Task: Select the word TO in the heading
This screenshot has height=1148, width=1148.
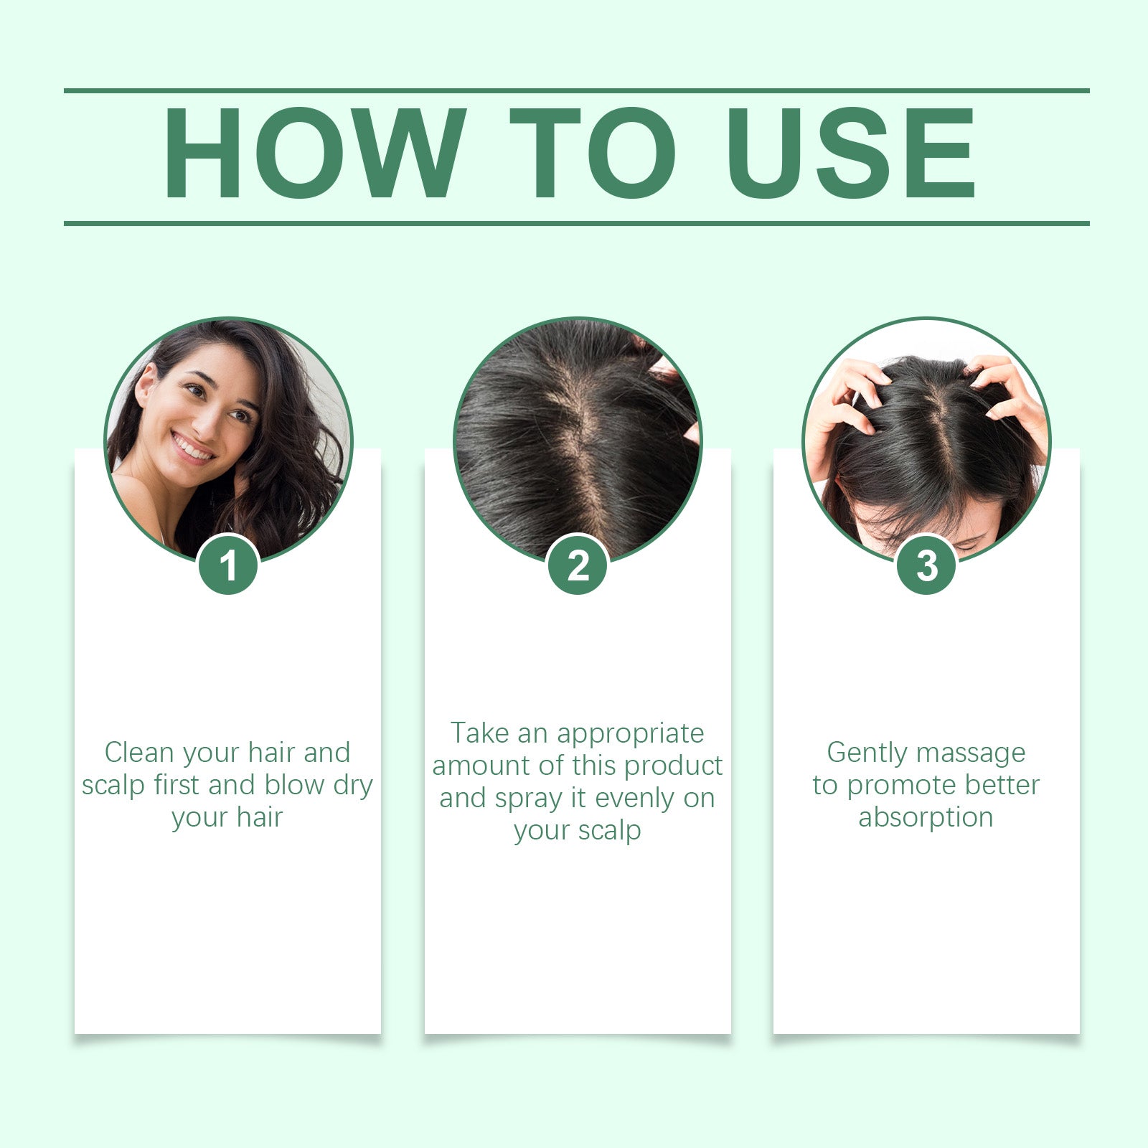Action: point(592,153)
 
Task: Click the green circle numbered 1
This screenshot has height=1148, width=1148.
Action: point(228,565)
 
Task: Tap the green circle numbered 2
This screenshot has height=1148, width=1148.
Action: point(578,565)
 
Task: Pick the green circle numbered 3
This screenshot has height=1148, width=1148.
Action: point(926,565)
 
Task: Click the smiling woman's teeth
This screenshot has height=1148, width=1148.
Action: point(192,448)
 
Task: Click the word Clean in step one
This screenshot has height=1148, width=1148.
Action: point(139,753)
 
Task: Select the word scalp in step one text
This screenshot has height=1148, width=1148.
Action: point(113,785)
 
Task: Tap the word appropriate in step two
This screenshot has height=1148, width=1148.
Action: point(630,734)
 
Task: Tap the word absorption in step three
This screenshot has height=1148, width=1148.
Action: point(926,817)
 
